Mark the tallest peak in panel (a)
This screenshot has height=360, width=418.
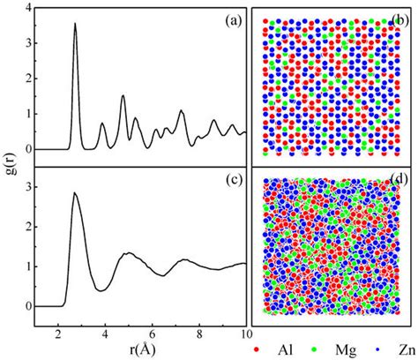click(75, 25)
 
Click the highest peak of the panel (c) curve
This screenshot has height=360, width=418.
click(75, 192)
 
